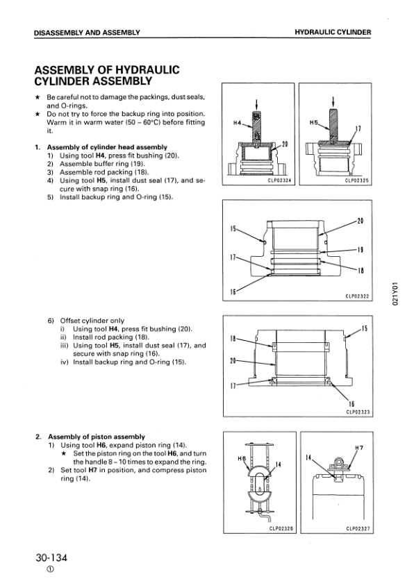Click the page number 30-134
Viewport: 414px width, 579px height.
pyautogui.click(x=51, y=557)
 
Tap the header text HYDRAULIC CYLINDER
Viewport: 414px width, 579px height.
pyautogui.click(x=333, y=32)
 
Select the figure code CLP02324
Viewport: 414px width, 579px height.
pyautogui.click(x=279, y=181)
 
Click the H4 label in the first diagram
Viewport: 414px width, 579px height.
pyautogui.click(x=237, y=123)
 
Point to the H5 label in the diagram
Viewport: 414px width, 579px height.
pyautogui.click(x=313, y=122)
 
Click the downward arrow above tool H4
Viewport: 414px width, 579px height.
pyautogui.click(x=256, y=105)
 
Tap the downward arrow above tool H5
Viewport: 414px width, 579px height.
pyautogui.click(x=333, y=101)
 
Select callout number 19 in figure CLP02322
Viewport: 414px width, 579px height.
pyautogui.click(x=361, y=250)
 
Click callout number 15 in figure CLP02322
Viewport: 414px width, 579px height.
pyautogui.click(x=233, y=228)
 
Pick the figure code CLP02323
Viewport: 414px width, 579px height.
pyautogui.click(x=358, y=412)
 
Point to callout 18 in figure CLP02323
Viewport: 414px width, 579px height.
pyautogui.click(x=233, y=338)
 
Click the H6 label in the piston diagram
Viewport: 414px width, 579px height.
pyautogui.click(x=242, y=458)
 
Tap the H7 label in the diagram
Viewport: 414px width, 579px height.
pyautogui.click(x=359, y=448)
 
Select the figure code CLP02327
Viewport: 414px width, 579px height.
pyautogui.click(x=358, y=529)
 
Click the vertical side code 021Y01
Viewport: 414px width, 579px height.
pyautogui.click(x=395, y=294)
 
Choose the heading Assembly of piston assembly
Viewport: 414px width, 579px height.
pyautogui.click(x=97, y=437)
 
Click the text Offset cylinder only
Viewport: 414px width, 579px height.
pyautogui.click(x=92, y=321)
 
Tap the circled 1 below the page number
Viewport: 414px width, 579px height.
pyautogui.click(x=51, y=569)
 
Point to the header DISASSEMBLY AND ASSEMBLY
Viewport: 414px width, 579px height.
pyautogui.click(x=87, y=33)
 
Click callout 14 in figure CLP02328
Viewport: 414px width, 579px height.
pyautogui.click(x=279, y=464)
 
